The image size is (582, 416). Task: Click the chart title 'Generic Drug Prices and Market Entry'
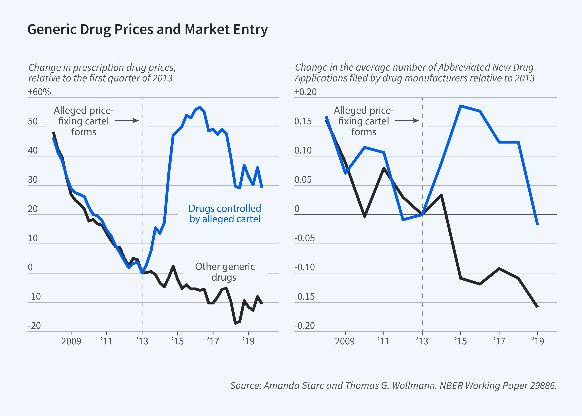click(147, 29)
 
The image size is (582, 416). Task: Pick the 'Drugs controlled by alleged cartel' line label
click(225, 214)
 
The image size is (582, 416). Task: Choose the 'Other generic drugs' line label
click(225, 272)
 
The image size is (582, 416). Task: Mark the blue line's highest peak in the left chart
click(200, 107)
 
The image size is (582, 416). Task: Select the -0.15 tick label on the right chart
click(304, 297)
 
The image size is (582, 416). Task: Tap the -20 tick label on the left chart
click(34, 326)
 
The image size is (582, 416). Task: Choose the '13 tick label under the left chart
click(142, 341)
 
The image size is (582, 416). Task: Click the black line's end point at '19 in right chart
click(537, 307)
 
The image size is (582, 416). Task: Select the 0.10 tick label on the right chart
click(303, 150)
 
